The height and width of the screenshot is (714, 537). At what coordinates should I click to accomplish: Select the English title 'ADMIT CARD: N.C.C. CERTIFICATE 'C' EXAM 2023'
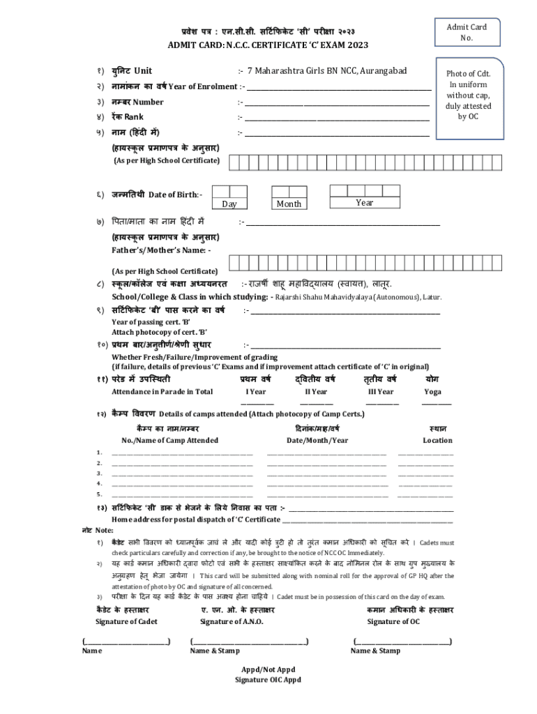[268, 46]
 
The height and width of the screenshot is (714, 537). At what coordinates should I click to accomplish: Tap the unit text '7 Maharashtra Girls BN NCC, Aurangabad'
[327, 71]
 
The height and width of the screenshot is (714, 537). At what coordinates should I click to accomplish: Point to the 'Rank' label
[134, 117]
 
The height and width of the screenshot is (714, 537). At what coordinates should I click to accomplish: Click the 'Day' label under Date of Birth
[229, 204]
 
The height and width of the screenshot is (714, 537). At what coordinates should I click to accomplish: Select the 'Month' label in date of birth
[289, 204]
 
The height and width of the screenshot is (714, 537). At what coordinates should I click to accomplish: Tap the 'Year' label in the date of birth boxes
[364, 203]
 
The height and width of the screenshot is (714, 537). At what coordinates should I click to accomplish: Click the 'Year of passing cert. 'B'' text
[151, 322]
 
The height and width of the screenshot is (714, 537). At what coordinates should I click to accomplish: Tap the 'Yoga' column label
[432, 392]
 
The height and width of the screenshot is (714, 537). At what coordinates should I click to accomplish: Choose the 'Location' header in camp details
[437, 441]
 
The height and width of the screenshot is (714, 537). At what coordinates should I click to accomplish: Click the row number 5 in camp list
[99, 494]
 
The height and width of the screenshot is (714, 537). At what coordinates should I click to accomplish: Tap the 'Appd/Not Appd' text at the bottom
[268, 669]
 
